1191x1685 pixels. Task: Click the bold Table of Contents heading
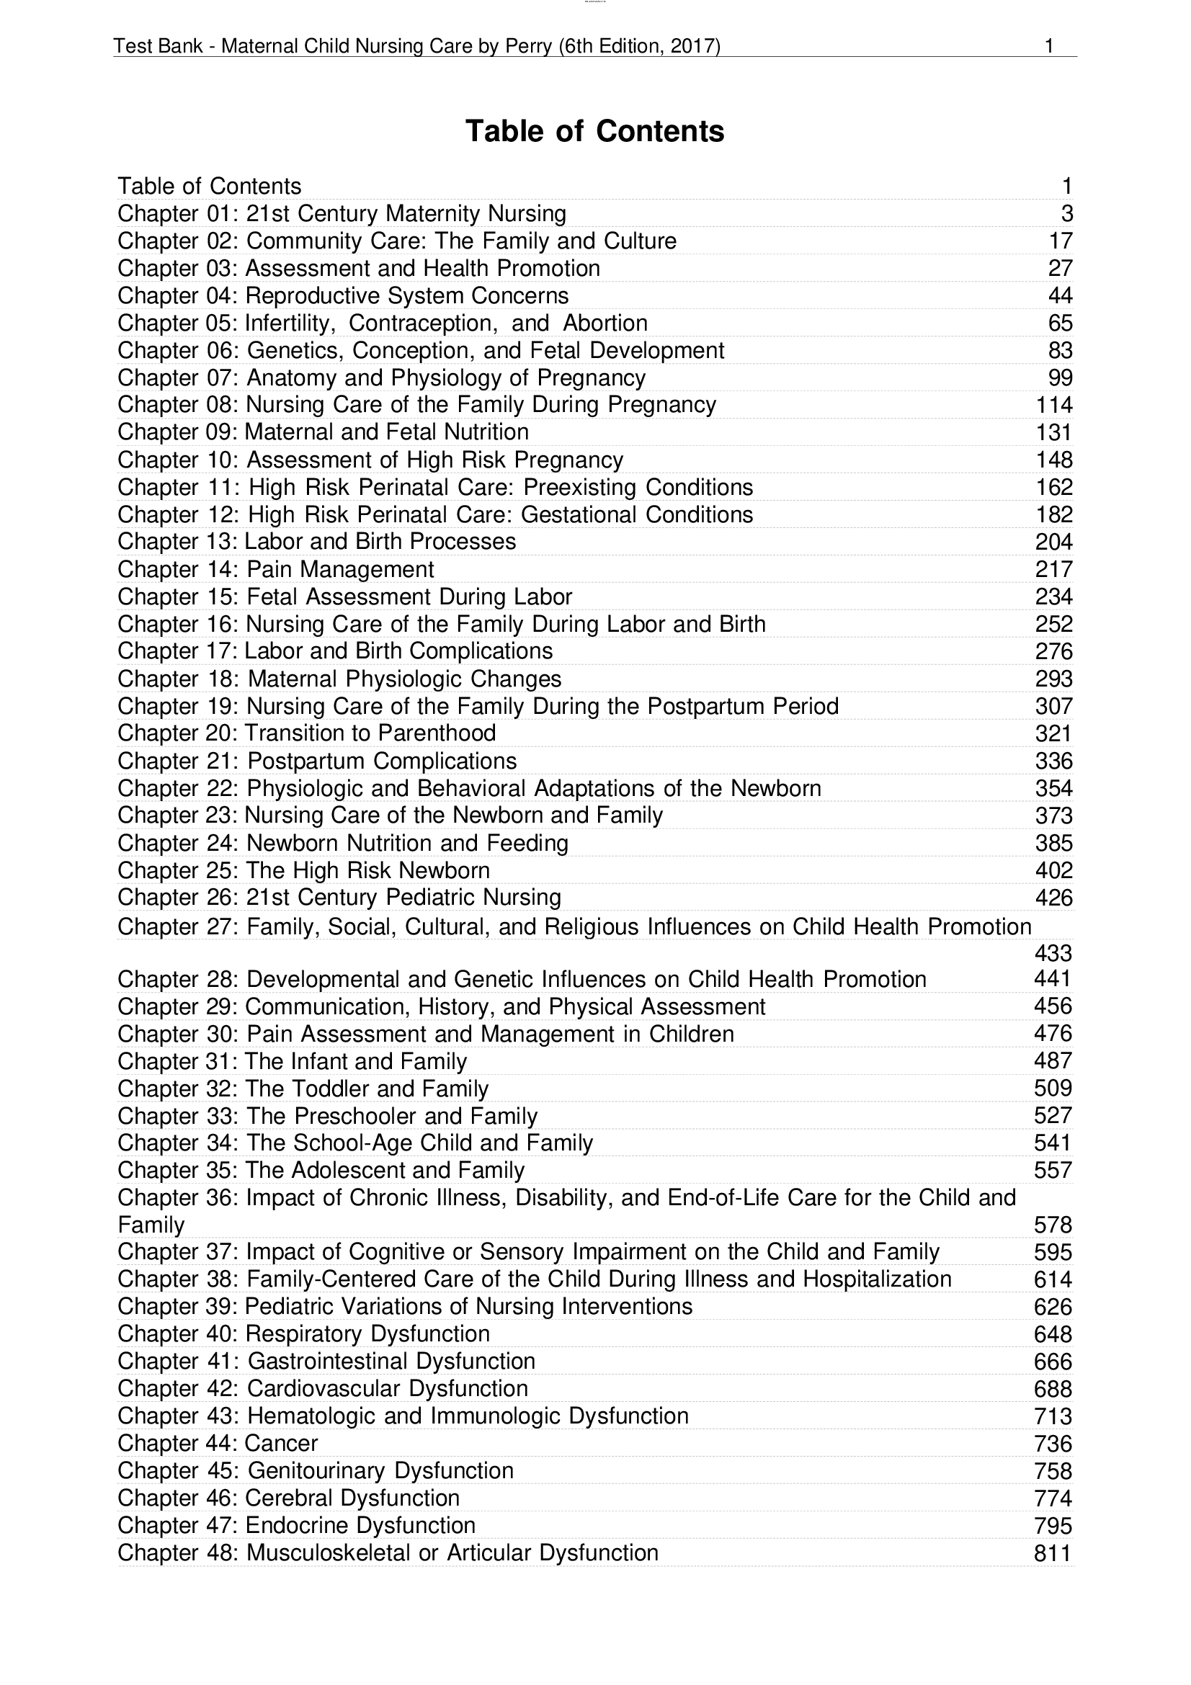click(594, 131)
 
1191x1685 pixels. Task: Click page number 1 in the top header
click(1048, 46)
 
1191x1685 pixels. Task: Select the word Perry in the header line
click(528, 46)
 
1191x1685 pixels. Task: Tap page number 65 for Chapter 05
click(1060, 323)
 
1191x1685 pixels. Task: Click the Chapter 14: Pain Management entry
click(276, 569)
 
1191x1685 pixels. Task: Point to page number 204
click(1054, 542)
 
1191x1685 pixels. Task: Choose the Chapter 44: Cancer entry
click(218, 1443)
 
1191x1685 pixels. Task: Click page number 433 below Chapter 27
click(1053, 952)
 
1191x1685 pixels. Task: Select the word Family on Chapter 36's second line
click(151, 1225)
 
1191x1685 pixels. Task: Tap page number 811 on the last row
click(1053, 1553)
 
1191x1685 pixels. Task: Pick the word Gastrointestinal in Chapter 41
click(327, 1361)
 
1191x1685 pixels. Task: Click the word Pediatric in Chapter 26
click(430, 897)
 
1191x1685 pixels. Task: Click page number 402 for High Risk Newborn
click(1054, 870)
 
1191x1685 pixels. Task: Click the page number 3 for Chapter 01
click(1066, 213)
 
